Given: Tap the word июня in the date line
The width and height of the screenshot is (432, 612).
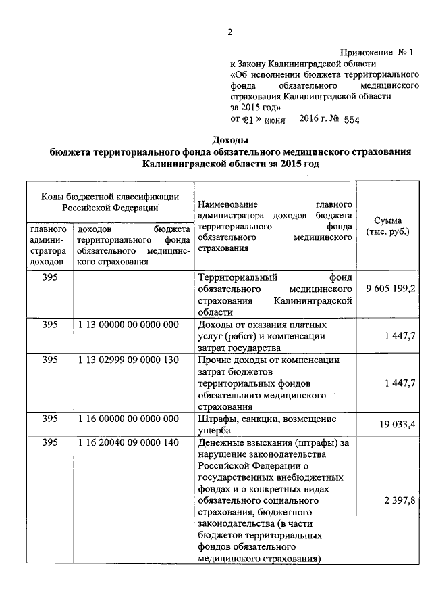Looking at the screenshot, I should point(275,120).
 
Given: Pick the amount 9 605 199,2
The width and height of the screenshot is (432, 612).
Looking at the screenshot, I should point(391,289).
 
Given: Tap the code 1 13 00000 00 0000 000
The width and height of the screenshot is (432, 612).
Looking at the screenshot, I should point(128,325).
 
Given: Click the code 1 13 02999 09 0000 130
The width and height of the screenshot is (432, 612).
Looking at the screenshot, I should point(128,360).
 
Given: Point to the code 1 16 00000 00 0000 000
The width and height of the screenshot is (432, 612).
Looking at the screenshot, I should point(128,419).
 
